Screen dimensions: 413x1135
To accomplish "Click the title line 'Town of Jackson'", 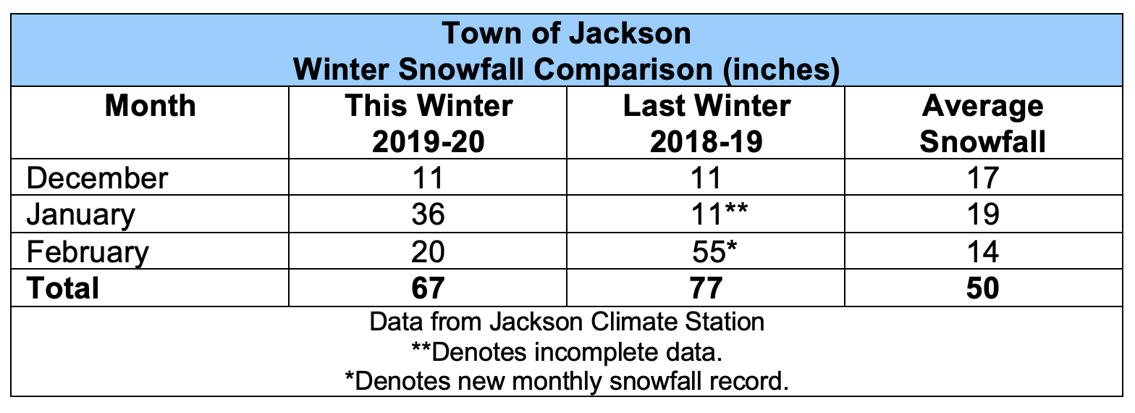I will point(567,33).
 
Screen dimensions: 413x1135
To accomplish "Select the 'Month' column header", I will point(150,107).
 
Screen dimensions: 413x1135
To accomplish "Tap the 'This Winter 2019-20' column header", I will point(428,124).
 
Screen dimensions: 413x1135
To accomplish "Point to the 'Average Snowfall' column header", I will point(982,124).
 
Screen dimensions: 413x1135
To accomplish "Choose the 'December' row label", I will point(97,178).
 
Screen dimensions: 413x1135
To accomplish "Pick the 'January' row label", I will point(81,215).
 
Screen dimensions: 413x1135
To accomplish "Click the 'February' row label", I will point(88,252).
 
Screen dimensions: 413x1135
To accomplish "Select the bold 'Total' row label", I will point(63,288).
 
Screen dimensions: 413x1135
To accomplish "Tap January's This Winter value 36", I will point(428,215).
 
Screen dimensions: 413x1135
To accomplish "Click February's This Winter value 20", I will point(428,252).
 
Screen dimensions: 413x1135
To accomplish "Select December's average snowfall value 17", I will point(982,178).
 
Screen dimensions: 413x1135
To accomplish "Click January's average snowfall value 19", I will point(982,215).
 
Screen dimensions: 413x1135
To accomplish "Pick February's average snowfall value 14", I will point(982,252).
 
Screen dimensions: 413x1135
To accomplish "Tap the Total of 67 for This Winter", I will point(428,288).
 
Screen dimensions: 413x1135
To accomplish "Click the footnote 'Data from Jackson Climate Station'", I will point(567,322).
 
